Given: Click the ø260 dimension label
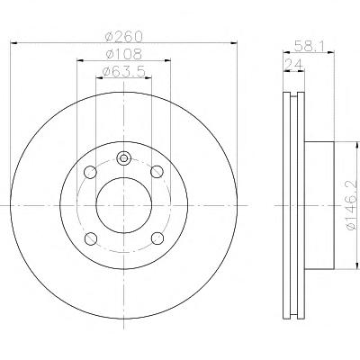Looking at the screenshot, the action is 123,37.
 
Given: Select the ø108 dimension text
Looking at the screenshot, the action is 123,54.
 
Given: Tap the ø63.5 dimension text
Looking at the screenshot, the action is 124,72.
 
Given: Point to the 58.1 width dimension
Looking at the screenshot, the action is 309,47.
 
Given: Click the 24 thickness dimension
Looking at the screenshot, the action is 293,64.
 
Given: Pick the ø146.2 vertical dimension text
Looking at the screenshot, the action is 352,206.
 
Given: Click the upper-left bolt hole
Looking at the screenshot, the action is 90,172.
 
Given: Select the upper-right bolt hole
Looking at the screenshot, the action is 157,172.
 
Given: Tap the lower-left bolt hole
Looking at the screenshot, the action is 91,238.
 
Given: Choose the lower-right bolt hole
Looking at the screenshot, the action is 157,238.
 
